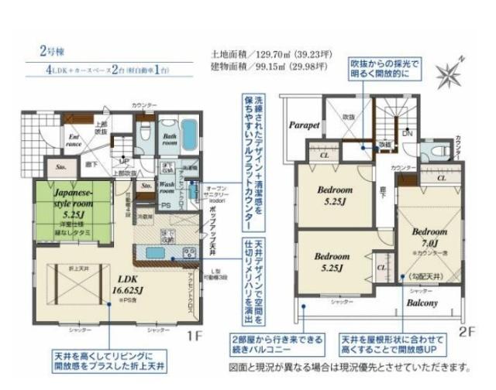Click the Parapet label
coord(305,124)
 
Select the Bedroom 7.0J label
coord(429,236)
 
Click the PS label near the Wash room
coord(165,206)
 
